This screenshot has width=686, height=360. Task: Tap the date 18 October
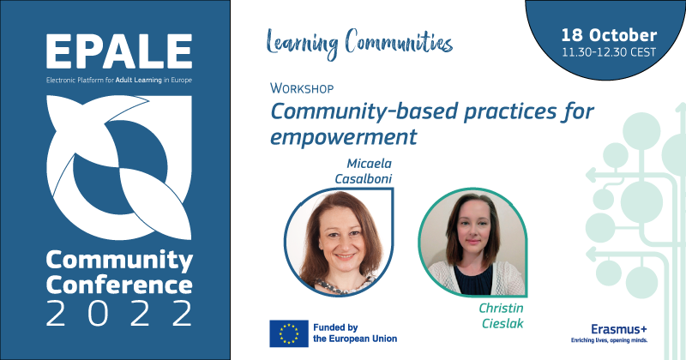[609, 36]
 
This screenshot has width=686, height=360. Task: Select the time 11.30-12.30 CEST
[609, 52]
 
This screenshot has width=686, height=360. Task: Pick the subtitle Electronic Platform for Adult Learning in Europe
[118, 80]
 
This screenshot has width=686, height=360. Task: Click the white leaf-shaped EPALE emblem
[118, 167]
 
